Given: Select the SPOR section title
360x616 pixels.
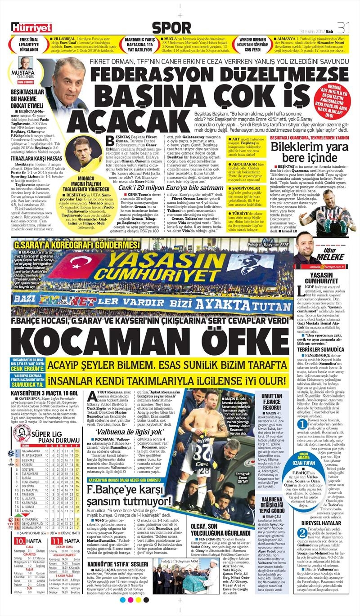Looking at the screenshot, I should pyautogui.click(x=171, y=28).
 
